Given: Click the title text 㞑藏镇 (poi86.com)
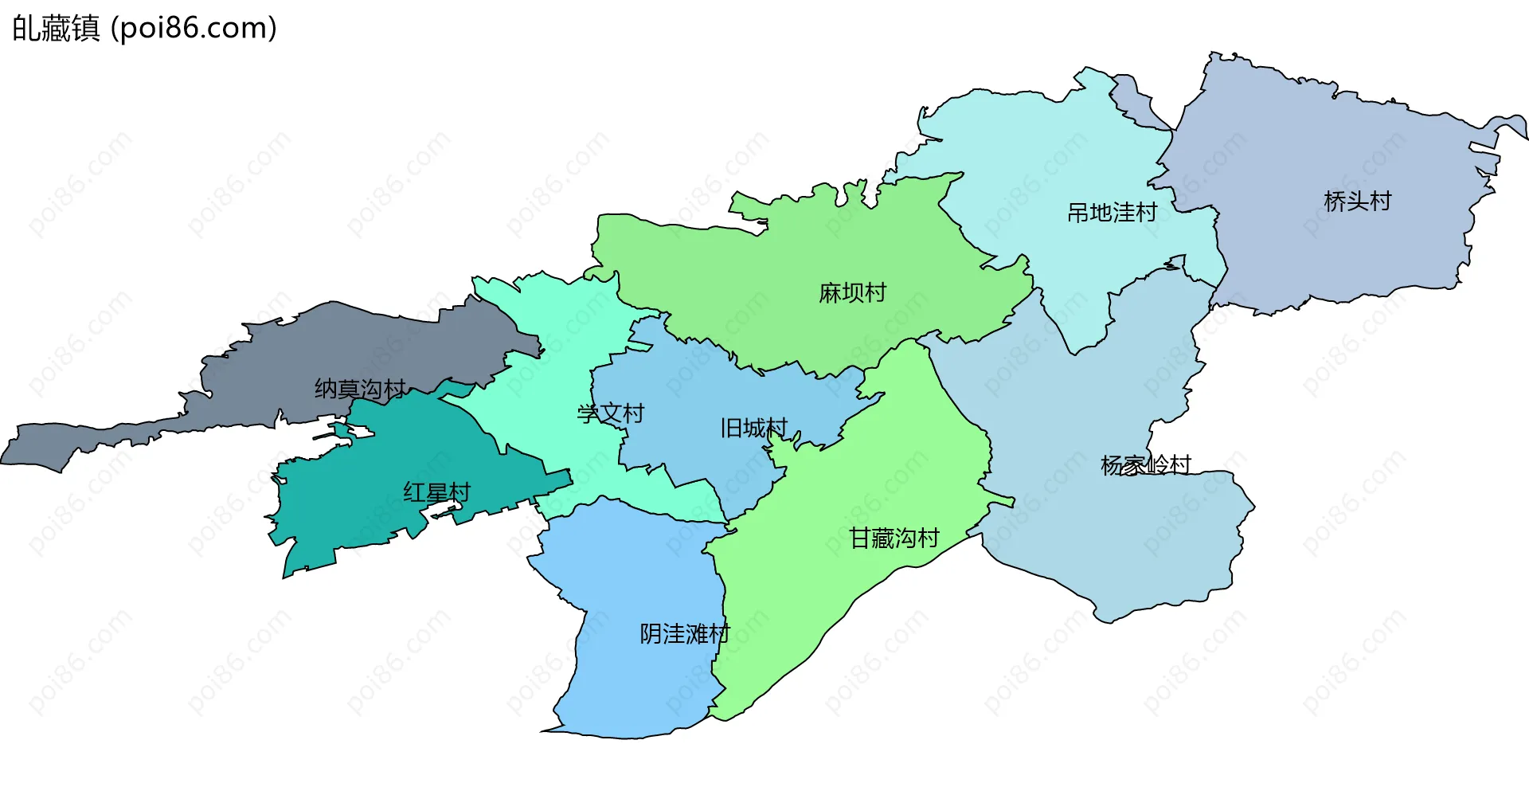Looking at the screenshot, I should tap(144, 28).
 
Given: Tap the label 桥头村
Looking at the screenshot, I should tap(1357, 201).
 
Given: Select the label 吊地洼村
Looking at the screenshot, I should tap(1112, 213).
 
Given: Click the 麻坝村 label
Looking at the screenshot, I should tap(852, 293).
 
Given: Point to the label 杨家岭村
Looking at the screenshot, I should tap(1145, 465).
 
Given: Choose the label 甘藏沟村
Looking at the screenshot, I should tap(894, 538).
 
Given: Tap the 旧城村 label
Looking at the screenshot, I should tap(753, 429).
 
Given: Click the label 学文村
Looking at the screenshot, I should tap(610, 413).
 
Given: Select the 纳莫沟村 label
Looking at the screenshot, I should tap(360, 389).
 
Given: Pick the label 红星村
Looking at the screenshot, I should tap(436, 492).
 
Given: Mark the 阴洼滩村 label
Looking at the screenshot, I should tap(684, 634).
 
